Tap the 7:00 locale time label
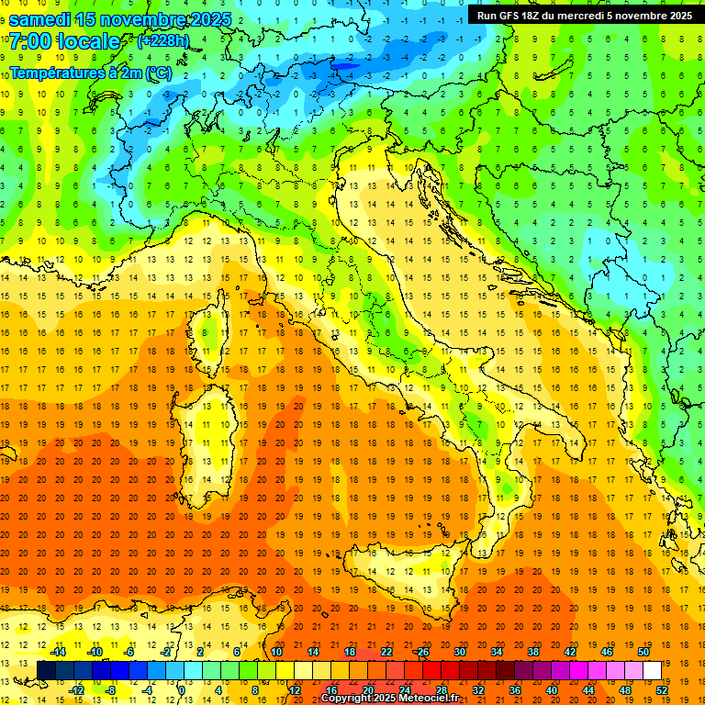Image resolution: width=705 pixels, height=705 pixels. coord(65,41)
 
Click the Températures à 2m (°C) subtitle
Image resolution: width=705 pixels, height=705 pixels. coord(91,73)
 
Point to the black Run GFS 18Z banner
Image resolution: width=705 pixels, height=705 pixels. coord(585,15)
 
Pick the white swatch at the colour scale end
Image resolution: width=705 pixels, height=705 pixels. coord(652,670)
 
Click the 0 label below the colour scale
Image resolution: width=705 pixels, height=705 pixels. coord(182,690)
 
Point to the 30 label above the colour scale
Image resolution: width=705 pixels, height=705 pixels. coord(459,652)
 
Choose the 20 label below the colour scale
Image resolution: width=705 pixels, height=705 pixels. coord(367,690)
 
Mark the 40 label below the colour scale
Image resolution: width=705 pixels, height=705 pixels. coord(551,690)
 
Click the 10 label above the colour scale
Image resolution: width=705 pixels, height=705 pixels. coord(275,652)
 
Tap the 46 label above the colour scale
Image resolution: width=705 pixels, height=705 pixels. coord(606,652)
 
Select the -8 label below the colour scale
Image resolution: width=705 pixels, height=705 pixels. coord(110,690)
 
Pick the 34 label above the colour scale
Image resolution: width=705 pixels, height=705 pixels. coord(496,652)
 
